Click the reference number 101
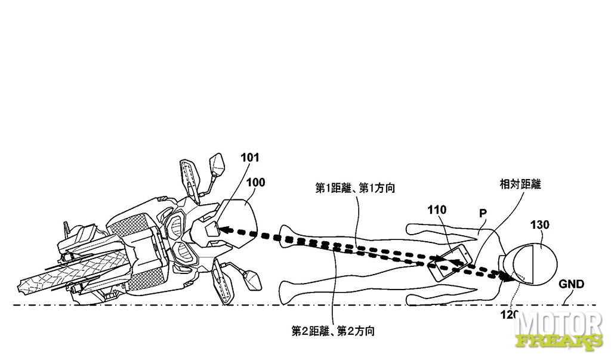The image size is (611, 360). [x=250, y=158]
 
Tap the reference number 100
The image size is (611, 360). [x=255, y=183]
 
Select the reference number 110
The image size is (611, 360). [x=437, y=210]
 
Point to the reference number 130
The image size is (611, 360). [x=539, y=225]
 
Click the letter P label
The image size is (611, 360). [x=483, y=213]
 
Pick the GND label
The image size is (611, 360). [x=571, y=284]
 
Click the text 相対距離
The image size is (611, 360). [x=520, y=184]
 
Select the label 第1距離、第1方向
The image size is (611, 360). [x=355, y=189]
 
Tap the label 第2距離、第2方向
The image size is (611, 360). [x=333, y=331]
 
